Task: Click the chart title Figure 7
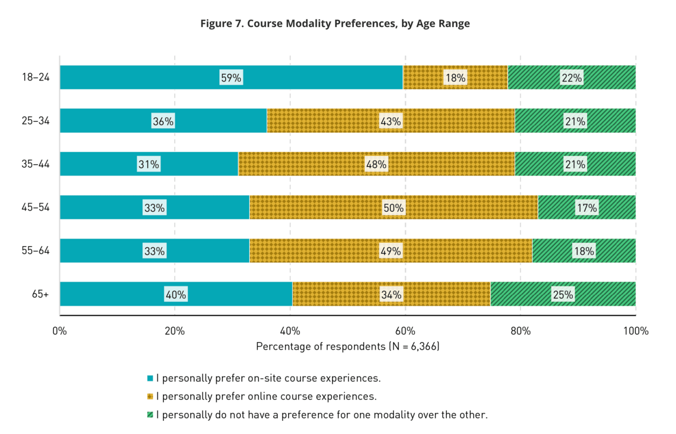335,24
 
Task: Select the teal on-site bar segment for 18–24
157,77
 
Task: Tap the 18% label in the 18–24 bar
455,78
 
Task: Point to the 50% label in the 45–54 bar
393,208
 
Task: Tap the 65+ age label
40,294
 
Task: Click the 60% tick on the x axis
405,330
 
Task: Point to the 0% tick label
60,330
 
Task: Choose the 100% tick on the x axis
635,330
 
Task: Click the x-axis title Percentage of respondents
347,347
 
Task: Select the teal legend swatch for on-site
150,378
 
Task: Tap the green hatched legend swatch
150,415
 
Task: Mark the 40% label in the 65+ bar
176,294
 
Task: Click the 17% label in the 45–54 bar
587,208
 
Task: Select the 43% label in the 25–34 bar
390,121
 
